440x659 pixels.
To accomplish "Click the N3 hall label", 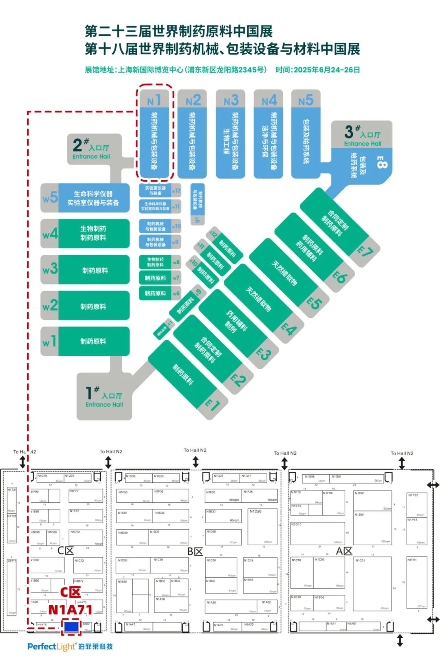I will pyautogui.click(x=231, y=100).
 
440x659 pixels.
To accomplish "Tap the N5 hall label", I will pyautogui.click(x=306, y=100).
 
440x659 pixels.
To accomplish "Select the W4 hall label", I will pyautogui.click(x=50, y=234).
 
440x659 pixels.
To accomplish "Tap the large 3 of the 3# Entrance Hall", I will pyautogui.click(x=349, y=132).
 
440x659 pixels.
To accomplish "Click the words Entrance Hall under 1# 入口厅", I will pyautogui.click(x=104, y=405).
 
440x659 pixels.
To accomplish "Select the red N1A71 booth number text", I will pyautogui.click(x=70, y=610).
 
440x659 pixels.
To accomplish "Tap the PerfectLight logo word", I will pyautogui.click(x=51, y=646).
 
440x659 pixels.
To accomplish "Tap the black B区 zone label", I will pyautogui.click(x=195, y=552).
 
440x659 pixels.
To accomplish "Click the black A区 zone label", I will pyautogui.click(x=344, y=551).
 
